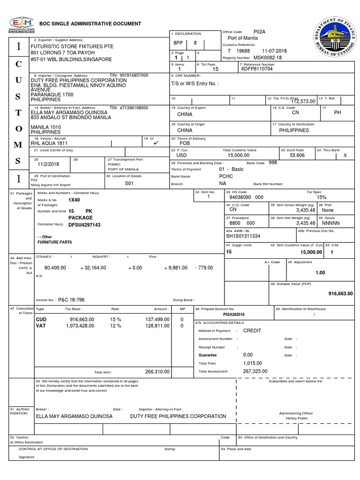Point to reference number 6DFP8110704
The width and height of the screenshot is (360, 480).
pos(257,69)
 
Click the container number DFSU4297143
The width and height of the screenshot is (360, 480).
pos(84,225)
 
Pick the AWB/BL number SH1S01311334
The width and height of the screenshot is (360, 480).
pos(243,236)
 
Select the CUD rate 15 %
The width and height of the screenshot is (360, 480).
pos(115,319)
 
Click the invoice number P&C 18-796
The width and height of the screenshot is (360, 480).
pos(72,300)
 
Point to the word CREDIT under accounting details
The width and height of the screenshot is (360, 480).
pos(252,330)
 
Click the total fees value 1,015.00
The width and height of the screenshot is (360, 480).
pos(253,363)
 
